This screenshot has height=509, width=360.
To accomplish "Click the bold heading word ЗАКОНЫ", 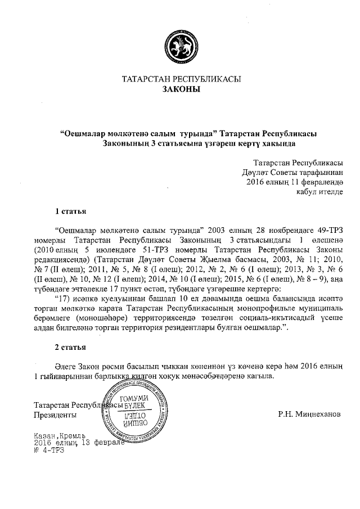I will (x=181, y=89).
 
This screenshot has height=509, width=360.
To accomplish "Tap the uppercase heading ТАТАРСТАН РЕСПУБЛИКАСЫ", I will (x=181, y=79).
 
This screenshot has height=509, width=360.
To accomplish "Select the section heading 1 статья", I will (x=70, y=211).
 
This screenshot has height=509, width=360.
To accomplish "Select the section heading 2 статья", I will (x=70, y=345).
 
